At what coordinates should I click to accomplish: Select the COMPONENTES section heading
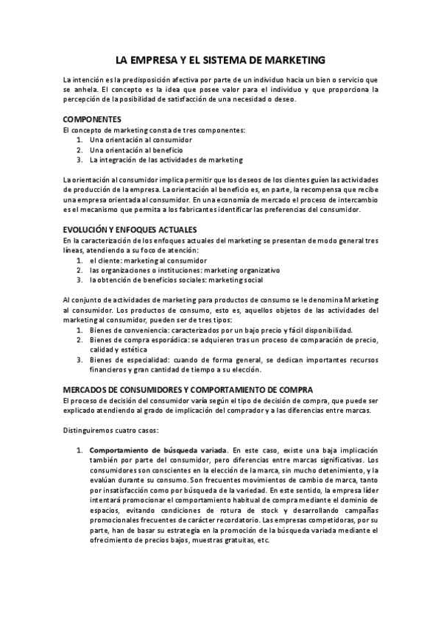(92, 119)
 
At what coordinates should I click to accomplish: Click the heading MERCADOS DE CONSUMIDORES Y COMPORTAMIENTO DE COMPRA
(188, 389)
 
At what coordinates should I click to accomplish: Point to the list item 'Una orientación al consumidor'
(141, 139)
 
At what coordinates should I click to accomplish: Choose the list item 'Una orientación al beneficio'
(136, 149)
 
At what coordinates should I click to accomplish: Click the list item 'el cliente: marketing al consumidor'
(148, 260)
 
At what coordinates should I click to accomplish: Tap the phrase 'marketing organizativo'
(242, 269)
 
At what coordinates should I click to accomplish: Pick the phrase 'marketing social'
(233, 280)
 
